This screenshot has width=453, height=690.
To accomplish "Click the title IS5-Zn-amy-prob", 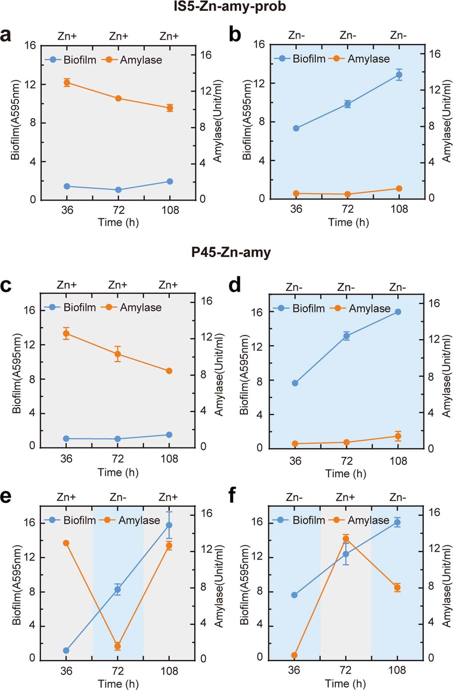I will [x=230, y=6].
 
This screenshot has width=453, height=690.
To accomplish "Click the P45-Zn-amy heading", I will [x=231, y=252].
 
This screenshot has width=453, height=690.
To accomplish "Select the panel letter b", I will [x=235, y=35].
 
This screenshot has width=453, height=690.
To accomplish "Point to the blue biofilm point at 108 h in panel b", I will [x=399, y=75].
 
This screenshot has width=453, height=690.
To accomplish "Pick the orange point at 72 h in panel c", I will [x=118, y=354].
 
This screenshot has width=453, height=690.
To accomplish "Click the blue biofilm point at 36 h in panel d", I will [x=295, y=383].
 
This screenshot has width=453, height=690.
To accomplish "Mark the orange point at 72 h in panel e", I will [x=118, y=646].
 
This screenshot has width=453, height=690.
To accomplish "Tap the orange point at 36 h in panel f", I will [x=294, y=655].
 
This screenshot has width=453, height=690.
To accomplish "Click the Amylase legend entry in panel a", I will [x=140, y=60].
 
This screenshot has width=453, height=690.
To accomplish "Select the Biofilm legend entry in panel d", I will [x=308, y=308].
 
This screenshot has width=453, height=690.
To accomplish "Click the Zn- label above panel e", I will [x=118, y=497].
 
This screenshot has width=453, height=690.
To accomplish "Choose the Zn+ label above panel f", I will [x=345, y=497].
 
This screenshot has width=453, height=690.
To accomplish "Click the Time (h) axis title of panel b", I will [x=348, y=222].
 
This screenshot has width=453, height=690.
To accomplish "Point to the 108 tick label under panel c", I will [x=169, y=459].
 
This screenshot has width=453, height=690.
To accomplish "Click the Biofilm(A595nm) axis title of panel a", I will [x=15, y=120].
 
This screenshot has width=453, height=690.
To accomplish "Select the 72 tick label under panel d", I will [x=346, y=461].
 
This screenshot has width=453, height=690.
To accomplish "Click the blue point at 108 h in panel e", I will [x=169, y=525].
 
